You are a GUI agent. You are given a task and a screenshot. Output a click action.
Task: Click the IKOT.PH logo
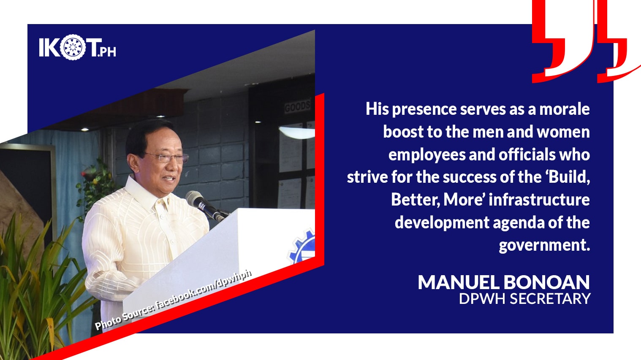pyautogui.click(x=77, y=48)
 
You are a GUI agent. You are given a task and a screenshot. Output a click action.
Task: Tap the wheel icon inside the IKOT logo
pyautogui.click(x=73, y=48)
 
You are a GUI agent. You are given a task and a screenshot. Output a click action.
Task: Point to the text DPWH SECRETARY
pyautogui.click(x=524, y=299)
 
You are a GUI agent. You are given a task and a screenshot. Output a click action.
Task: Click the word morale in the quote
pyautogui.click(x=565, y=109)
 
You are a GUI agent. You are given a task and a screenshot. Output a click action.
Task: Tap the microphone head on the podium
pyautogui.click(x=196, y=198)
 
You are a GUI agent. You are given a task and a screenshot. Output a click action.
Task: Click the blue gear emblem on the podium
pyautogui.click(x=303, y=247)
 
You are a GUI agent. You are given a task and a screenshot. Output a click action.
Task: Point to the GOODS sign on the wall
pyautogui.click(x=298, y=106)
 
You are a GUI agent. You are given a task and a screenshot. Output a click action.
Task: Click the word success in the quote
pyautogui.click(x=469, y=177)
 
